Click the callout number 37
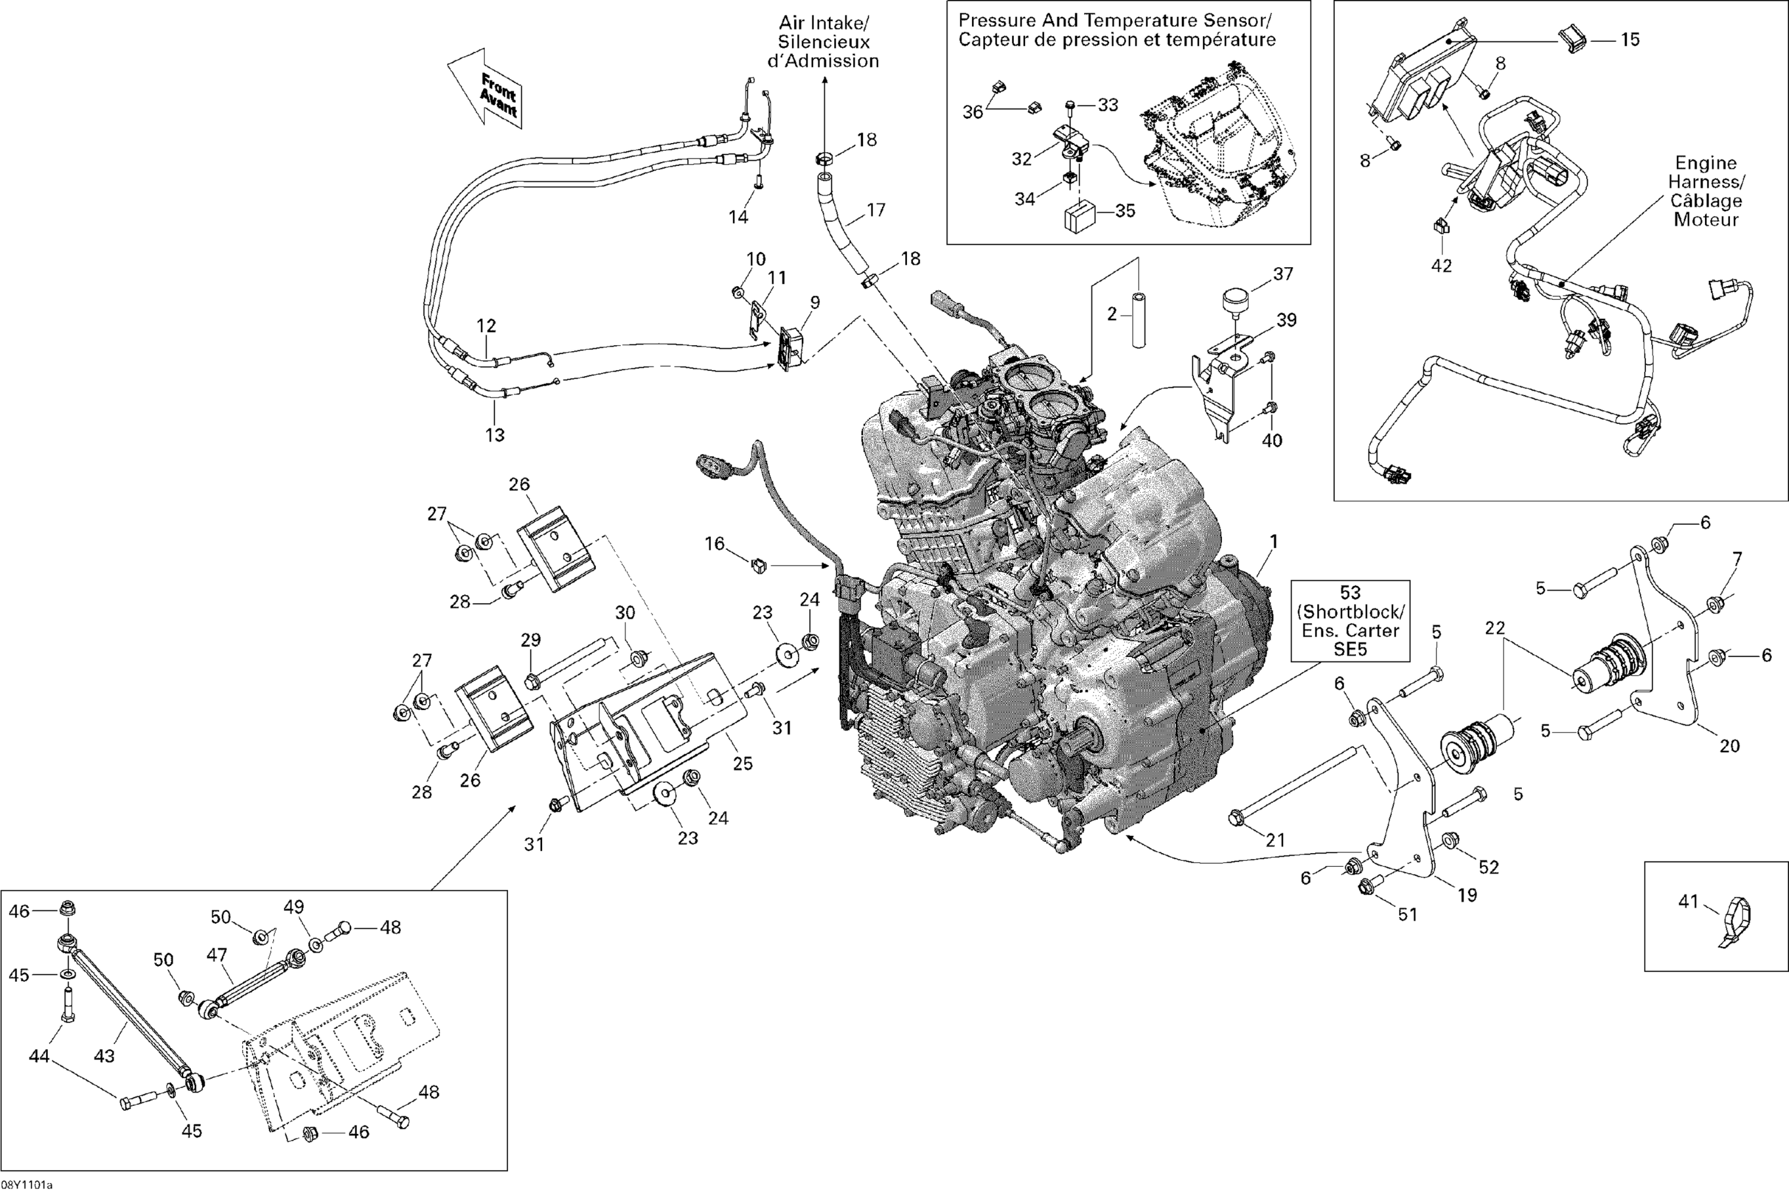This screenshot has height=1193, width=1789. (1283, 274)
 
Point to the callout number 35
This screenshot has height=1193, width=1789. (1125, 210)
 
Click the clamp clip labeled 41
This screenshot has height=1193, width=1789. (1734, 921)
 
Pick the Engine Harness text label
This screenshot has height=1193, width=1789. (1706, 191)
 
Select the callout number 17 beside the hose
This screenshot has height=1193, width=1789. (876, 210)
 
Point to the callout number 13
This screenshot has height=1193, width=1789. (496, 435)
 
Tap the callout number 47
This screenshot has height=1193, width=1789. (217, 976)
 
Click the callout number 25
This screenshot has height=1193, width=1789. (742, 763)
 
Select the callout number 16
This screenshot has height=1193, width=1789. (714, 543)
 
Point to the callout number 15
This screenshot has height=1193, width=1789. (1629, 39)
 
